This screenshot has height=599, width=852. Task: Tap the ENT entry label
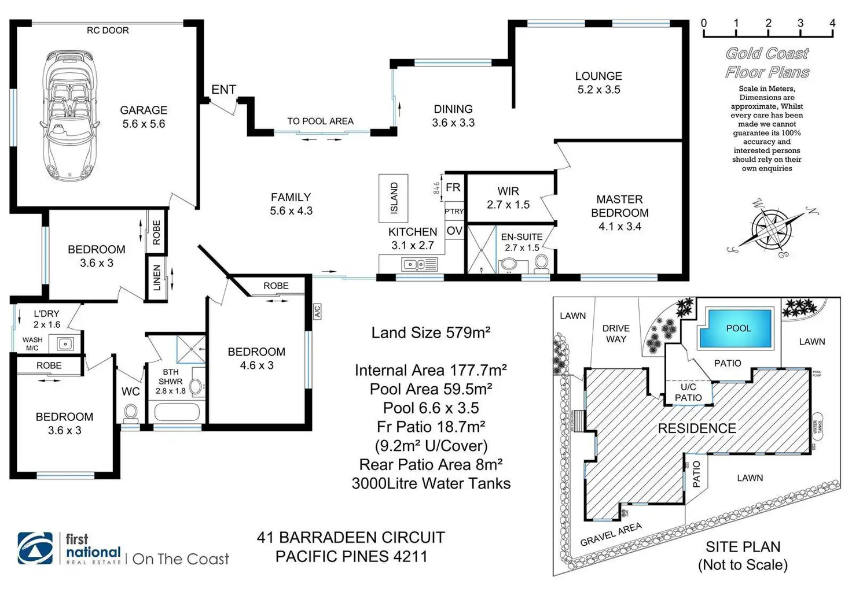(223, 90)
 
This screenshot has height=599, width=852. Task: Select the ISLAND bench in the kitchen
(394, 198)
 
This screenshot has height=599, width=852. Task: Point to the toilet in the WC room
(130, 413)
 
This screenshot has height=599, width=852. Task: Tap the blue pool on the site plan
(736, 328)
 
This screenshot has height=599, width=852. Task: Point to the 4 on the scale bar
(832, 23)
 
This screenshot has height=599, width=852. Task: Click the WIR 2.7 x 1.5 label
(508, 198)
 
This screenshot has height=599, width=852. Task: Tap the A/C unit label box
(317, 311)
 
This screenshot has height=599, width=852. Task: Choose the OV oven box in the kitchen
(454, 231)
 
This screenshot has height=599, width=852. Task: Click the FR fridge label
(453, 187)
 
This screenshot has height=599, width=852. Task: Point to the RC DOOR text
(108, 30)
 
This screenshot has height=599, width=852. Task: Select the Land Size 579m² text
(431, 332)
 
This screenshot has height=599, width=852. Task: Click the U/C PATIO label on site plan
(688, 392)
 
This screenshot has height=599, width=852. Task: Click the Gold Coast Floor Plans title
(767, 62)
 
